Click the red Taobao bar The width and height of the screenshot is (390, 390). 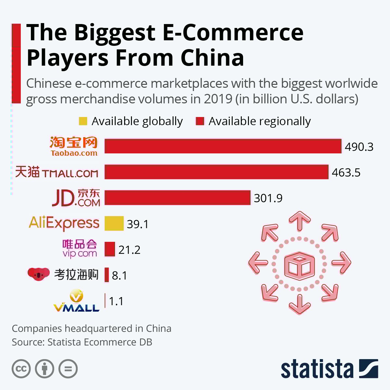tap(223, 146)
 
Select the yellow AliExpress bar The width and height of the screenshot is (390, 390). tap(114, 224)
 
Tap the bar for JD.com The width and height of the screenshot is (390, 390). tap(177, 198)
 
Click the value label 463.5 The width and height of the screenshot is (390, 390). tap(346, 172)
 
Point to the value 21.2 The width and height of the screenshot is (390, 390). tap(129, 250)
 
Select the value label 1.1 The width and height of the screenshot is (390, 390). tap(116, 301)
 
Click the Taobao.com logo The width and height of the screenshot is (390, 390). tap(73, 146)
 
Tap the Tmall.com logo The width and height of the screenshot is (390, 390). tap(57, 172)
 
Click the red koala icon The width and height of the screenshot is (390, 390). tap(38, 274)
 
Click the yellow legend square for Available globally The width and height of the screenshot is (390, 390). tap(83, 121)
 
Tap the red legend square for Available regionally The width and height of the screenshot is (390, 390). tap(200, 121)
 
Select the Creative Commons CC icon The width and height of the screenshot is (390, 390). tap(21, 369)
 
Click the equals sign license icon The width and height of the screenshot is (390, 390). tap(68, 369)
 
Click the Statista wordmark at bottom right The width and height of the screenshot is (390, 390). tap(317, 370)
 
